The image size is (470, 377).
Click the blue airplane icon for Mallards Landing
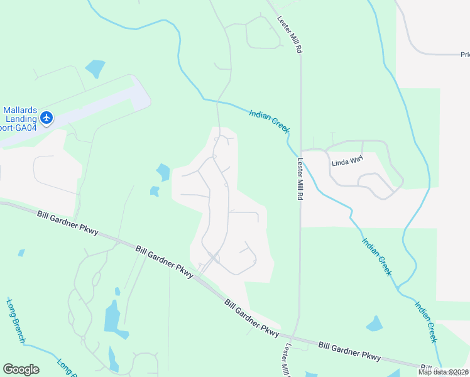click(46, 117)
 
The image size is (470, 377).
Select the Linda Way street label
click(347, 160)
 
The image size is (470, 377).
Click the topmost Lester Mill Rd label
click(290, 34)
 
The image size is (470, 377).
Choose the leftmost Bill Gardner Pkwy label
click(68, 223)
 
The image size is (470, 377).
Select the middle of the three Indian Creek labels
click(377, 256)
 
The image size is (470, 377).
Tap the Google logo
click(21, 369)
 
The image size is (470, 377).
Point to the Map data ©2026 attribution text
click(443, 372)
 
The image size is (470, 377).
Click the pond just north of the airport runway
click(95, 68)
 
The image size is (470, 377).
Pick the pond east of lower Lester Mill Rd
click(374, 324)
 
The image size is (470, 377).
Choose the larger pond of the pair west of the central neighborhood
click(163, 172)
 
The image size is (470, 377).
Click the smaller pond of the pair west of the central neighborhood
click(154, 191)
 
